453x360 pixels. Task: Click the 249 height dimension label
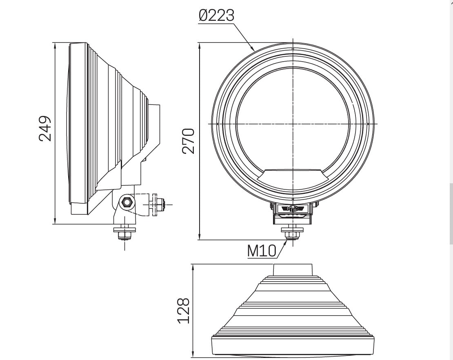45,129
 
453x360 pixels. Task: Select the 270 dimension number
189,140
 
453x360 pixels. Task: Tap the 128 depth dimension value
183,311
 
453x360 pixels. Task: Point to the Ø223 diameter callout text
217,16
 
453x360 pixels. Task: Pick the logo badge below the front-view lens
292,209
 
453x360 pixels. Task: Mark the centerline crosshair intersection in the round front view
293,123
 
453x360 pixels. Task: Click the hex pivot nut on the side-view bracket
126,202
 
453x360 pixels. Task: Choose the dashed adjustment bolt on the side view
157,204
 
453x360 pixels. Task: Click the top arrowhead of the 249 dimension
54,45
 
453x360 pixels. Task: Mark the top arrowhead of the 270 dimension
199,45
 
